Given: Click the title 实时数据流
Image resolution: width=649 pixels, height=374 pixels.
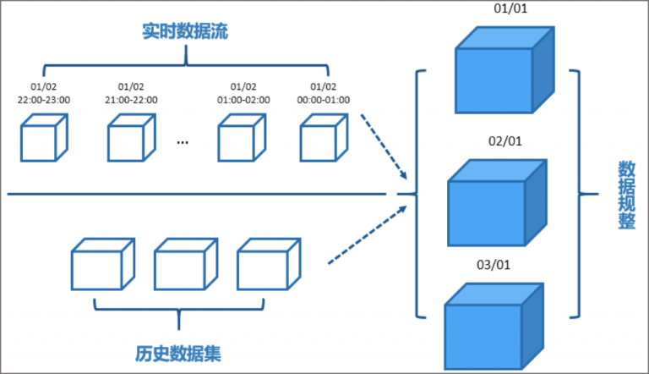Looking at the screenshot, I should (185, 33).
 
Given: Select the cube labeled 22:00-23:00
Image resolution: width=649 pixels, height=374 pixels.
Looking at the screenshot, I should (43, 138).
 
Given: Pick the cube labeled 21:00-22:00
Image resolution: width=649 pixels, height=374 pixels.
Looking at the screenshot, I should (131, 138).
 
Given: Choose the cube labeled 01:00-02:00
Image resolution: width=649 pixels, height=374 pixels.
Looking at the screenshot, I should (241, 138).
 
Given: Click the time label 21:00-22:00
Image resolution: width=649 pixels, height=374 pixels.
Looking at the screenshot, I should (131, 99).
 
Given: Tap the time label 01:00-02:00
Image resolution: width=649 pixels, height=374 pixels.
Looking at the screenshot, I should (243, 99).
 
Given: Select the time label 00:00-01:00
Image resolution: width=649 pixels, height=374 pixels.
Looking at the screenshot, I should (324, 99).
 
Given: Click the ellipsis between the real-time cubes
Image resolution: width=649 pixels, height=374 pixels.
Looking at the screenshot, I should (183, 141).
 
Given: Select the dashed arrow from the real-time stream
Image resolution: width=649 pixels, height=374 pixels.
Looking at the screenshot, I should (384, 150).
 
